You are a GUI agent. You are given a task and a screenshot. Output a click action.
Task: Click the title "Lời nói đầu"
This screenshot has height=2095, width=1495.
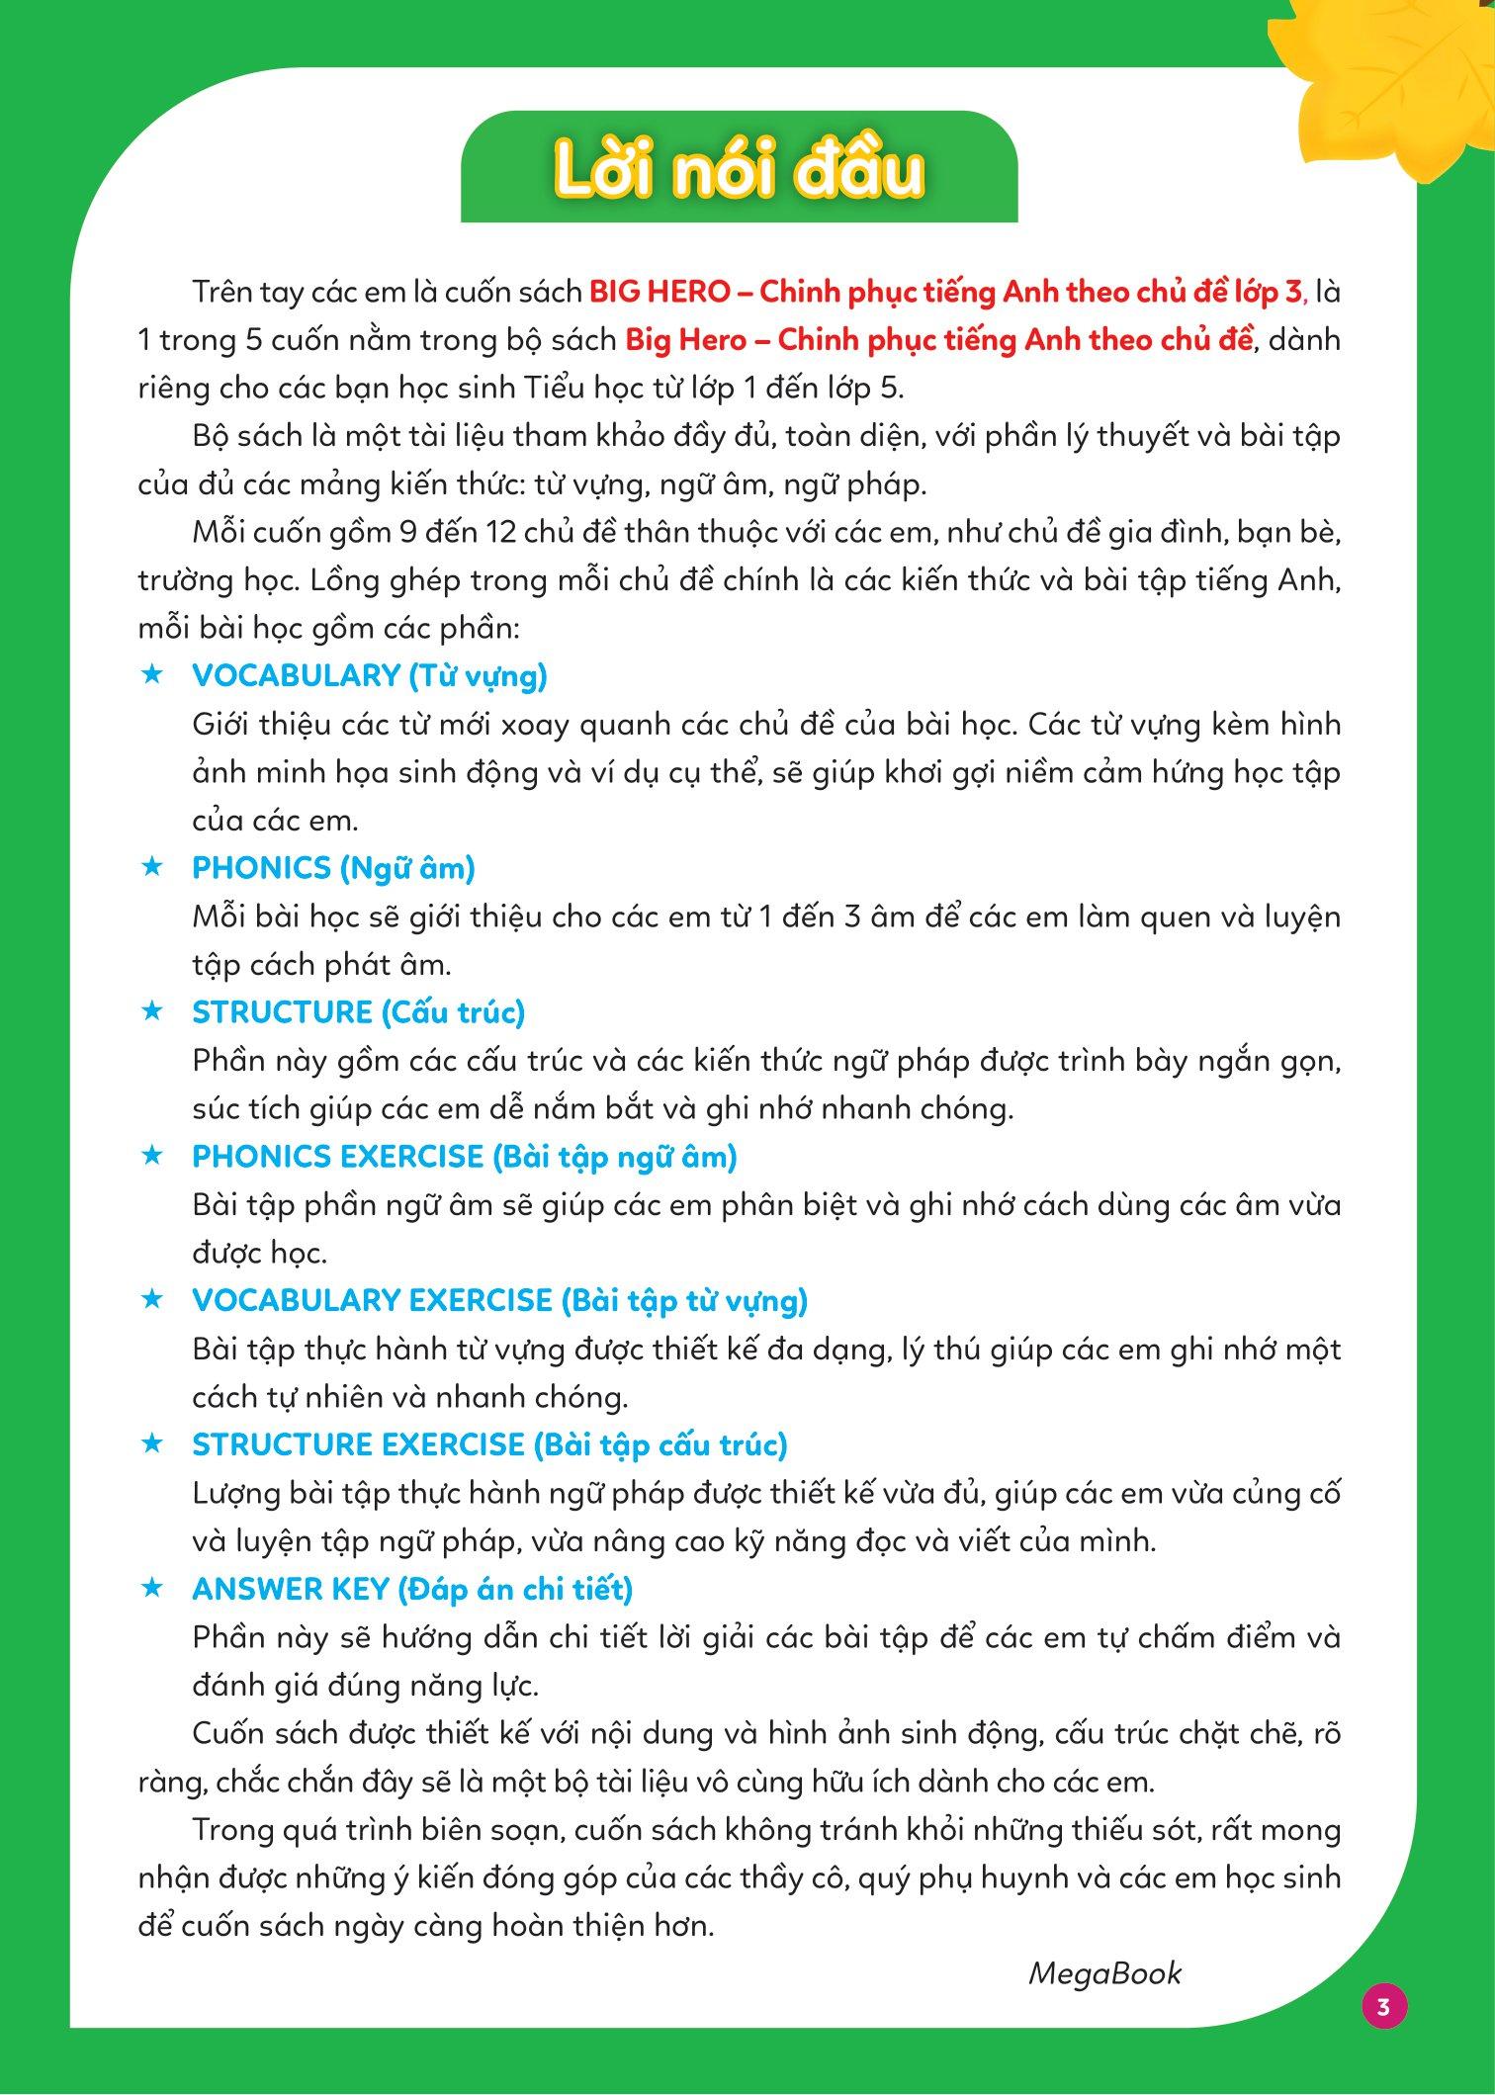pos(739,170)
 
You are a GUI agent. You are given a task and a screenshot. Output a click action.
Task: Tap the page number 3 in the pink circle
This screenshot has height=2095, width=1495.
pos(1383,2006)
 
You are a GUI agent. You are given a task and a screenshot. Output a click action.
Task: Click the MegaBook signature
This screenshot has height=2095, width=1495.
pos(1104,1973)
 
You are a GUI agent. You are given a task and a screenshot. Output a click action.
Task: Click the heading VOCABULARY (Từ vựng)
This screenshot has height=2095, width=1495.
pos(370,675)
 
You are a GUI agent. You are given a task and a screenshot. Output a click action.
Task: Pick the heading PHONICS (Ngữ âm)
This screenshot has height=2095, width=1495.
pos(333,868)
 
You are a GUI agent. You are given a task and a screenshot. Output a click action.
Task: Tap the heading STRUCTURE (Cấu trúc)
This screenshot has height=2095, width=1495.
pos(358,1012)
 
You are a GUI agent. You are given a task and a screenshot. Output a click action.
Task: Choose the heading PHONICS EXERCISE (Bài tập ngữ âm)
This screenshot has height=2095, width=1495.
pos(465,1157)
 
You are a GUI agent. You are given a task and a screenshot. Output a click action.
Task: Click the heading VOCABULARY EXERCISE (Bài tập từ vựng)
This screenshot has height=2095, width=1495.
pos(499,1301)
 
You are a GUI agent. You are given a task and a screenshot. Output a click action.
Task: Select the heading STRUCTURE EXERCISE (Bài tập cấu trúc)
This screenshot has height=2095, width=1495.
pos(489,1445)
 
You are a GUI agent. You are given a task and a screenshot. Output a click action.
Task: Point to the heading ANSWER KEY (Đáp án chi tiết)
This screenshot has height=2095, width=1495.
pos(412,1589)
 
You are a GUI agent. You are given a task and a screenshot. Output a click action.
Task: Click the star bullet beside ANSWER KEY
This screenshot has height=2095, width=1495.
pos(151,1588)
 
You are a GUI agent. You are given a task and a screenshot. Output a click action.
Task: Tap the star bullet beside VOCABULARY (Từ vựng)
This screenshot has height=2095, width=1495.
pos(151,674)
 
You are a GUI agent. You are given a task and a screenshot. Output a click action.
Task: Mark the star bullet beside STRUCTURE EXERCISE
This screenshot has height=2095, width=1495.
pos(151,1444)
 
